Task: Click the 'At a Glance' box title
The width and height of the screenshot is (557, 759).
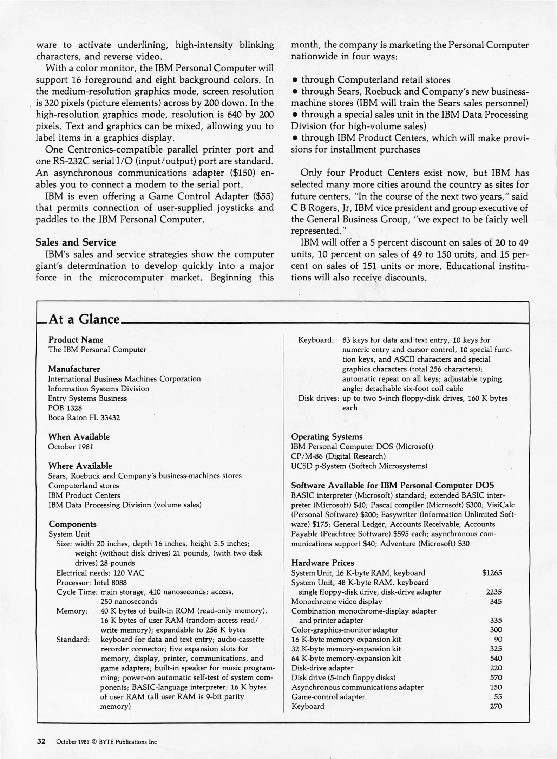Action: tap(84, 319)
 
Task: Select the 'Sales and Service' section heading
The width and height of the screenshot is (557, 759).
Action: tap(76, 242)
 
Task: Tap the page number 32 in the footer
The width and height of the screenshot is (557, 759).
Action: tap(41, 742)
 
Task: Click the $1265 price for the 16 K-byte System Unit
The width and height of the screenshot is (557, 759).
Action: tap(492, 573)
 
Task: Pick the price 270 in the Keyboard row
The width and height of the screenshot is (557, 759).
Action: tap(496, 706)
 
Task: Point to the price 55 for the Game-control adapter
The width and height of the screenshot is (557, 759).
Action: tap(497, 696)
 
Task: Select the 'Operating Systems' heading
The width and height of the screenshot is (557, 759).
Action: tap(327, 437)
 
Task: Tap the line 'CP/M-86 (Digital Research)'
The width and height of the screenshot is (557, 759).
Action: tap(338, 456)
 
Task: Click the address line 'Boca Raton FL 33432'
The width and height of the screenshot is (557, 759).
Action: tap(84, 418)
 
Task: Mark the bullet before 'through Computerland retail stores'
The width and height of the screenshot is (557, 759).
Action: tap(295, 80)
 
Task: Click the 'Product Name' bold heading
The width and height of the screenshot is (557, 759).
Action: tap(76, 340)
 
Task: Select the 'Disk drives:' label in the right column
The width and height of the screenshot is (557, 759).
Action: tap(319, 398)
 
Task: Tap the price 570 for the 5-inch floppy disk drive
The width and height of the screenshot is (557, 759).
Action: tap(496, 677)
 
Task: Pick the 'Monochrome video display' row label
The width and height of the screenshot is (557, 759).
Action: tap(336, 601)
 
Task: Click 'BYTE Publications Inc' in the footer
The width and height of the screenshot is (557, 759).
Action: tap(128, 742)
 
